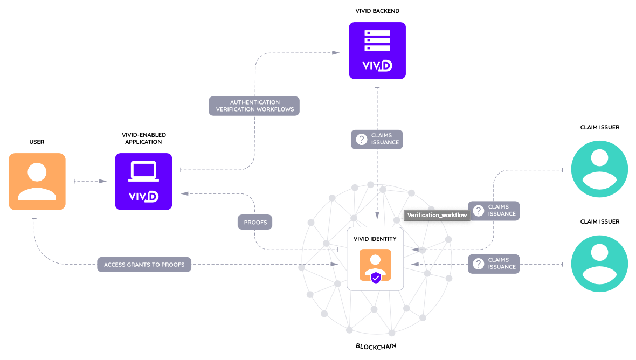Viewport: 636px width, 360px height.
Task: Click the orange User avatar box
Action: [37, 181]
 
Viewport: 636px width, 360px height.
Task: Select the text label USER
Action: [37, 142]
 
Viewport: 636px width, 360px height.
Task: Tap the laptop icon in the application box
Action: [143, 171]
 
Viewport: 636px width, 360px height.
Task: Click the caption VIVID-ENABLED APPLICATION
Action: [143, 138]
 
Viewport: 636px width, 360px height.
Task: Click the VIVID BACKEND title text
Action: [377, 11]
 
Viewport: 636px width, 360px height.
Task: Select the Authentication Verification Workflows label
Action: [254, 106]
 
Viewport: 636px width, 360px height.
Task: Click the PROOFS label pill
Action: [255, 222]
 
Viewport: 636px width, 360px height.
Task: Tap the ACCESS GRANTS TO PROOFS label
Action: [144, 265]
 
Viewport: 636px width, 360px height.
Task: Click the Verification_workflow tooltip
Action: [437, 216]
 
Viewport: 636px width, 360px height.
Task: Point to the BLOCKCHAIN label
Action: [376, 346]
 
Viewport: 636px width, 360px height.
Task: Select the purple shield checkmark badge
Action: [376, 278]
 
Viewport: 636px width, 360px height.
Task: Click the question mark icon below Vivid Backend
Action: [362, 139]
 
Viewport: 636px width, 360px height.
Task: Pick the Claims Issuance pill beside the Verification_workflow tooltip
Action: [494, 211]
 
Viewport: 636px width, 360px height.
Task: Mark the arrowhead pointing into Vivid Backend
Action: [336, 52]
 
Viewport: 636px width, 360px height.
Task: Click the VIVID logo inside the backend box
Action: [377, 66]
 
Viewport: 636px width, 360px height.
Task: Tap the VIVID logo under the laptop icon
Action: [143, 196]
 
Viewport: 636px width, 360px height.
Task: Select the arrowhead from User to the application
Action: [103, 181]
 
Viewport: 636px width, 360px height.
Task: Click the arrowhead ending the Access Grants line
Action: [335, 265]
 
